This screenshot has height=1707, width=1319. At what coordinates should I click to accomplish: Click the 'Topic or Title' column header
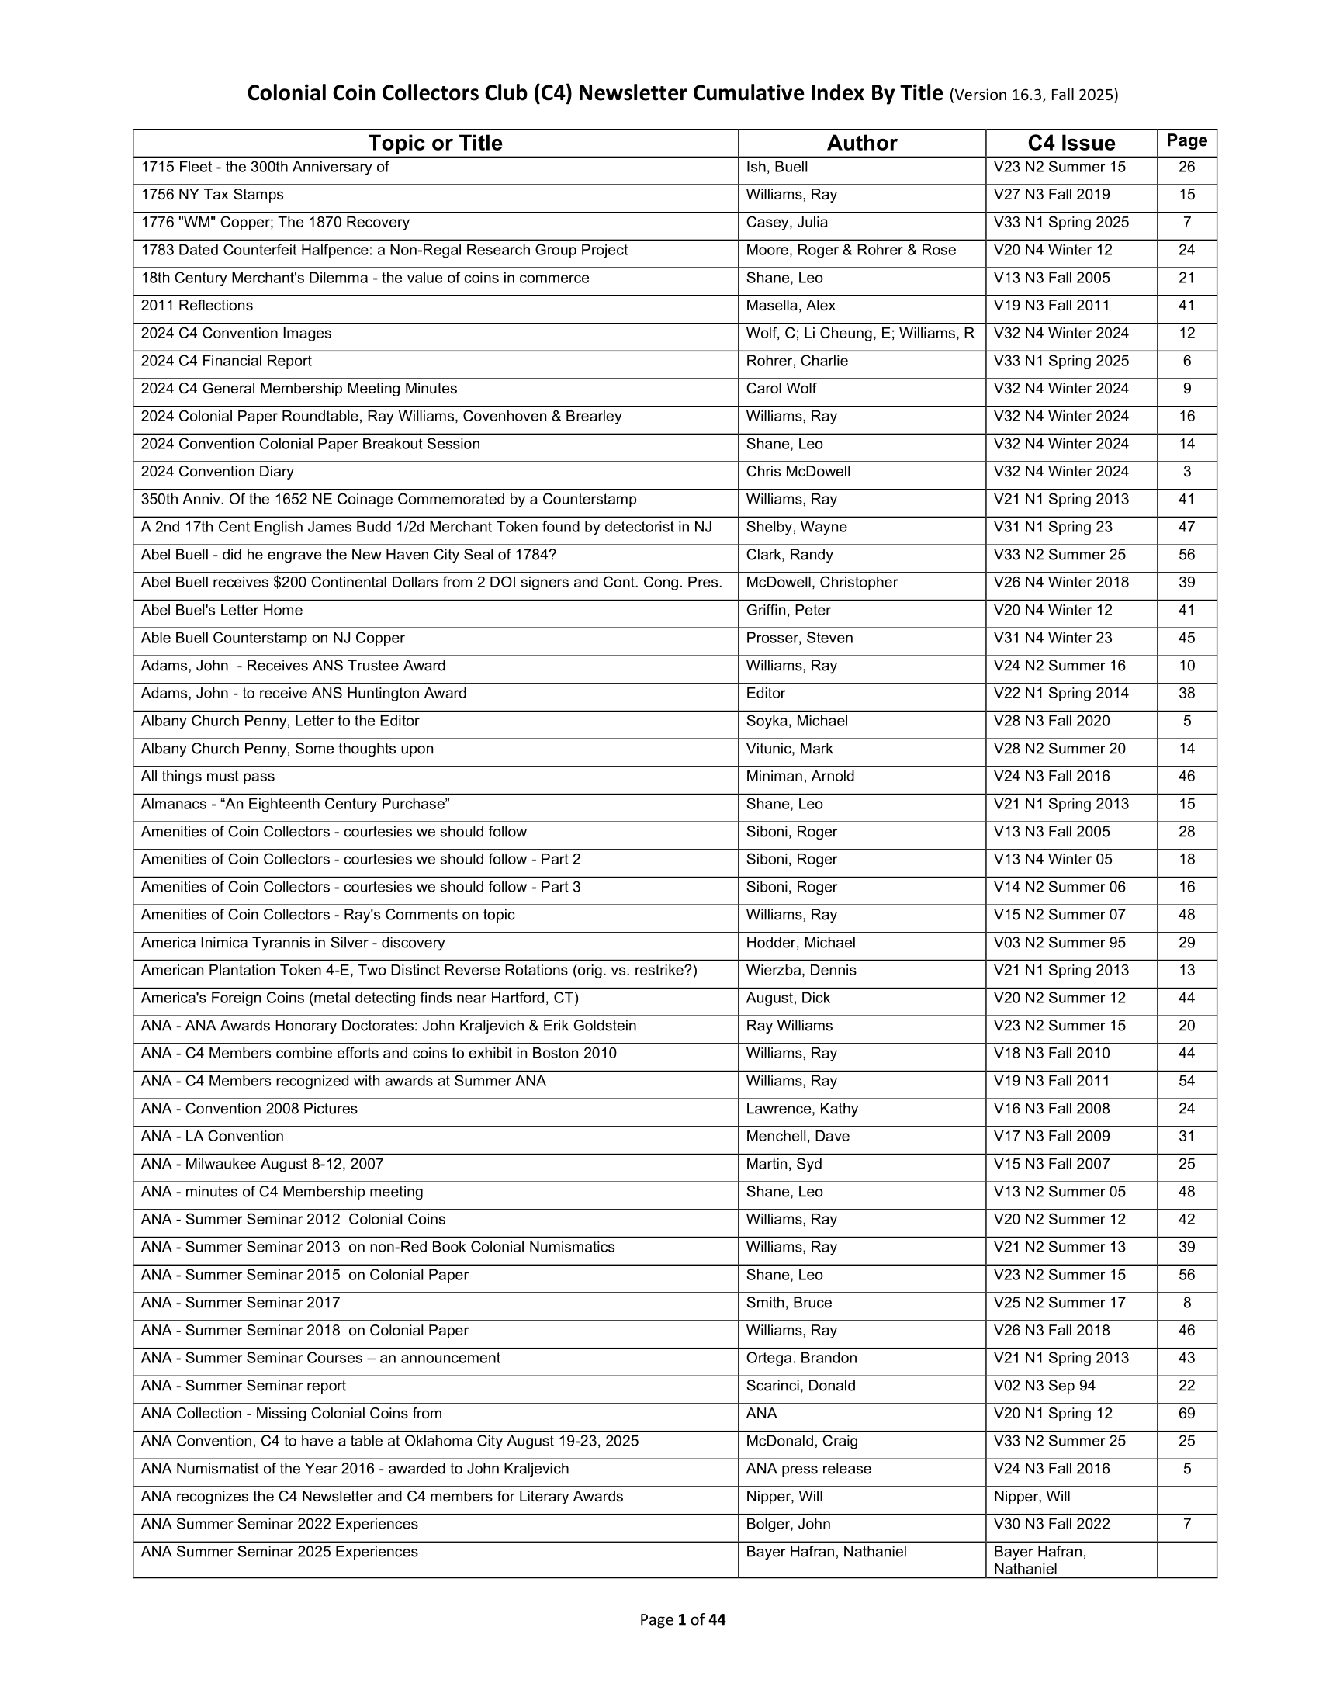pos(435,143)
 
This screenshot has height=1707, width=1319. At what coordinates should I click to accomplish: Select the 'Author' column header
pos(862,143)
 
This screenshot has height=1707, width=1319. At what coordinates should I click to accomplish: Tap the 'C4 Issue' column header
pos(1071,143)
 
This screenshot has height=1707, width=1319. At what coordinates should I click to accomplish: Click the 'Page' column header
pos(1186,140)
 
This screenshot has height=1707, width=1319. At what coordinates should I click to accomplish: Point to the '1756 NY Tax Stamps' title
pos(213,195)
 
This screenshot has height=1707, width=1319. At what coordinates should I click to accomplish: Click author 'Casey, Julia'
pos(787,223)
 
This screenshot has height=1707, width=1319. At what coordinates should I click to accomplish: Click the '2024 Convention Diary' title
pos(217,471)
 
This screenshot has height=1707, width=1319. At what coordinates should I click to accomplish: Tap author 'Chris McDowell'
pos(798,471)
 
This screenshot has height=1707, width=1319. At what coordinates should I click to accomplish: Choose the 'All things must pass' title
pos(208,776)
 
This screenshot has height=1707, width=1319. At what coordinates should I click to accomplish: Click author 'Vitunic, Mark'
pos(789,749)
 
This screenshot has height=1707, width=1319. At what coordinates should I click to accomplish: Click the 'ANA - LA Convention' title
pos(213,1137)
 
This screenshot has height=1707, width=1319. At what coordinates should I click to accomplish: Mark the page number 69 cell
pos(1186,1413)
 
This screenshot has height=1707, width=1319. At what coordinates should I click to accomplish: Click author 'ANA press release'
pos(808,1469)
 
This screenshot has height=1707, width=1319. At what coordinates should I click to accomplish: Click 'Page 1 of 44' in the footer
pos(682,1619)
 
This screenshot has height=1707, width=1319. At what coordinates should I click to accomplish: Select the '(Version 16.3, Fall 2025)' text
pos(1033,95)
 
